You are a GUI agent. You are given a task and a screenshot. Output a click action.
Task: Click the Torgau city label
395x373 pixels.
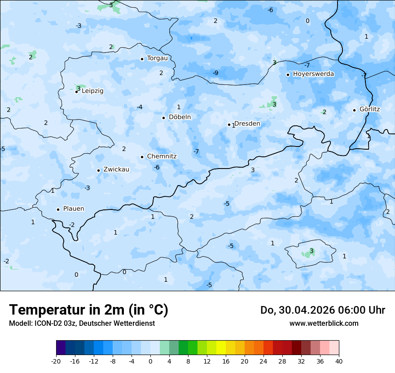tap(157, 58)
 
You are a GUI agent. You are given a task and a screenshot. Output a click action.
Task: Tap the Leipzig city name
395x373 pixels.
tap(92, 91)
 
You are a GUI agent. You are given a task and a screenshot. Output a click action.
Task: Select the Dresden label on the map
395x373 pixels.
tap(247, 124)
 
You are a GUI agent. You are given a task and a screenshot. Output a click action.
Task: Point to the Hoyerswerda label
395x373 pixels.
tap(313, 74)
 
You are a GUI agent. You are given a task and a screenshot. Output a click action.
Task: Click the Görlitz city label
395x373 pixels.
tap(369, 109)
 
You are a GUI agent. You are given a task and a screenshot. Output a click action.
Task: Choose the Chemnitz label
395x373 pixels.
tap(162, 156)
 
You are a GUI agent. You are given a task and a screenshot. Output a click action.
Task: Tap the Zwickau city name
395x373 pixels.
tap(116, 169)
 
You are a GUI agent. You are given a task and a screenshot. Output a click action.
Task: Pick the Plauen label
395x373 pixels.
tap(74, 209)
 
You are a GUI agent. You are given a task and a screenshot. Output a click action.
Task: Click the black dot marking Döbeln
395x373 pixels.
tap(163, 118)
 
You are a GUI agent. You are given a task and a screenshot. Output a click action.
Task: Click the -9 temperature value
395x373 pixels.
tap(215, 73)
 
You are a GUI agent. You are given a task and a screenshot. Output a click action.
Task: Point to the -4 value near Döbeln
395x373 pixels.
tap(140, 107)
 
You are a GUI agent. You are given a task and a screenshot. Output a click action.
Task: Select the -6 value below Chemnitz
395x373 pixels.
tap(157, 167)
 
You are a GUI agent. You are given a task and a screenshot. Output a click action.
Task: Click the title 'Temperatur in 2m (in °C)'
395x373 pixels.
tap(89, 310)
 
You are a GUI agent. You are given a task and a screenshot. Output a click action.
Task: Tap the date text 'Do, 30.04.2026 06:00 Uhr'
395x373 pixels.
tap(323, 310)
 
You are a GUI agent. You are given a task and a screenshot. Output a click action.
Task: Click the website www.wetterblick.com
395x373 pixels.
tap(324, 323)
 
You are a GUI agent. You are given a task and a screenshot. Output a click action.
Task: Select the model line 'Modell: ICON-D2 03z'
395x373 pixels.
tap(82, 323)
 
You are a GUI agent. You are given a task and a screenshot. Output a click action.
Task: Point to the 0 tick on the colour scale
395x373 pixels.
tap(150, 361)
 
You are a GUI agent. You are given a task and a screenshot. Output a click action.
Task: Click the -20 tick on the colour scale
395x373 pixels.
tap(56, 361)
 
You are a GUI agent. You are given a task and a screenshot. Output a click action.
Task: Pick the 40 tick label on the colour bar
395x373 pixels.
tap(339, 361)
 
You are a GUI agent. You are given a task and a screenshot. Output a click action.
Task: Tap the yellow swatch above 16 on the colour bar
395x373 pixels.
tap(221, 347)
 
